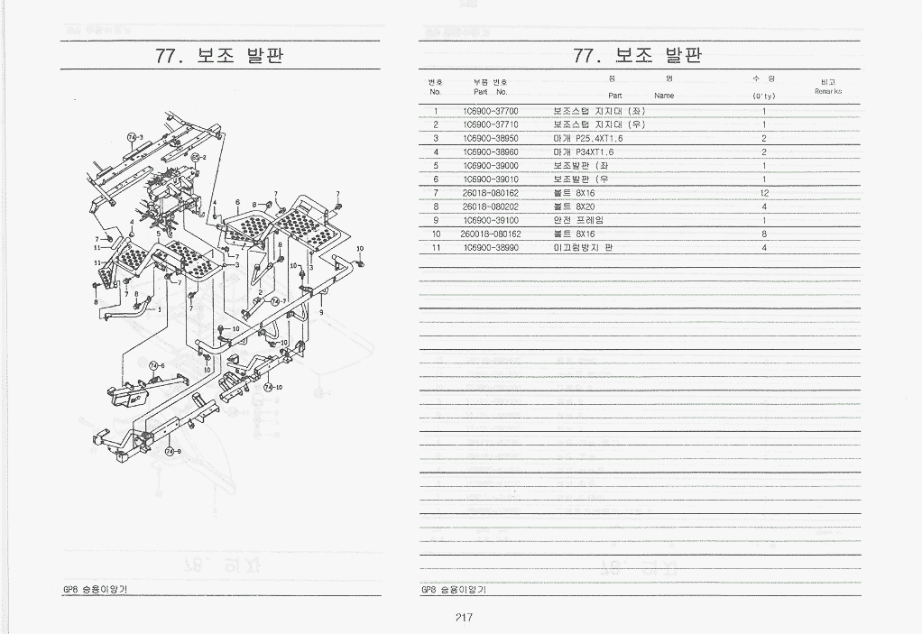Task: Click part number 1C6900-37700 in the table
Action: (x=490, y=111)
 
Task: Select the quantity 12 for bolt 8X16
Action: (x=763, y=193)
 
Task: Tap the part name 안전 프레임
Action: (x=578, y=220)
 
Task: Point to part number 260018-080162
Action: (x=490, y=234)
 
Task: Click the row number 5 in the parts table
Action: (x=436, y=166)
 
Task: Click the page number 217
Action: (x=464, y=618)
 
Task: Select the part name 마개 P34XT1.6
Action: (x=588, y=152)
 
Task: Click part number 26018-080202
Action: (x=490, y=207)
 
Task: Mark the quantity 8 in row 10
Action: (x=763, y=234)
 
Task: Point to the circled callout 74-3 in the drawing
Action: (x=134, y=137)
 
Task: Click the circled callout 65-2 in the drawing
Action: (x=198, y=157)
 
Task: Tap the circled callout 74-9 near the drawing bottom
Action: (x=171, y=452)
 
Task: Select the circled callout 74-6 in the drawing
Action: (x=156, y=365)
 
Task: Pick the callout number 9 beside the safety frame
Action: (x=321, y=312)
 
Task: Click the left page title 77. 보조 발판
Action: (x=219, y=56)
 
